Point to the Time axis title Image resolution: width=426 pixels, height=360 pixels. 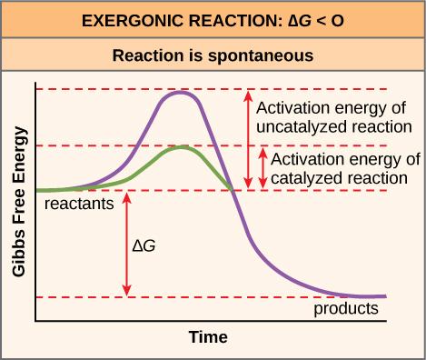click(x=207, y=337)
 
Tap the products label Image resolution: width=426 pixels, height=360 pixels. click(x=345, y=308)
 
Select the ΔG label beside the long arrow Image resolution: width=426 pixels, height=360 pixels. click(x=144, y=245)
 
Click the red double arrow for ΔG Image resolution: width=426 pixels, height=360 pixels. click(x=127, y=243)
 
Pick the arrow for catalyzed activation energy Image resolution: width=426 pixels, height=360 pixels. click(x=263, y=167)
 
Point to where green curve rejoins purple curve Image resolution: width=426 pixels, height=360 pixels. click(x=233, y=189)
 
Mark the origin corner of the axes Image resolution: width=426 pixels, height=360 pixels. click(x=35, y=320)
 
